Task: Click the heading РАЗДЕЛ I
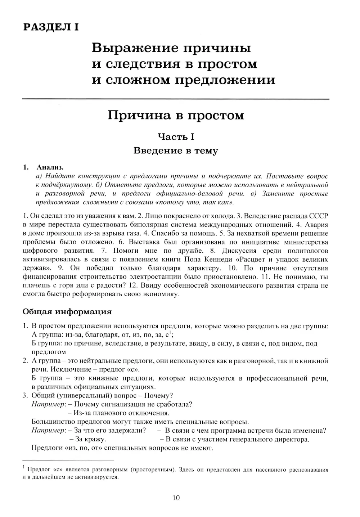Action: pyautogui.click(x=51, y=27)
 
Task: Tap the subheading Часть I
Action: pyautogui.click(x=176, y=137)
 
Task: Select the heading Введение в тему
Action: pyautogui.click(x=176, y=150)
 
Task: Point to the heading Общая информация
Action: pyautogui.click(x=67, y=312)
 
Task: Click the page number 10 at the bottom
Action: pyautogui.click(x=176, y=498)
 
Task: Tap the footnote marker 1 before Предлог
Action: pyautogui.click(x=24, y=467)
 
